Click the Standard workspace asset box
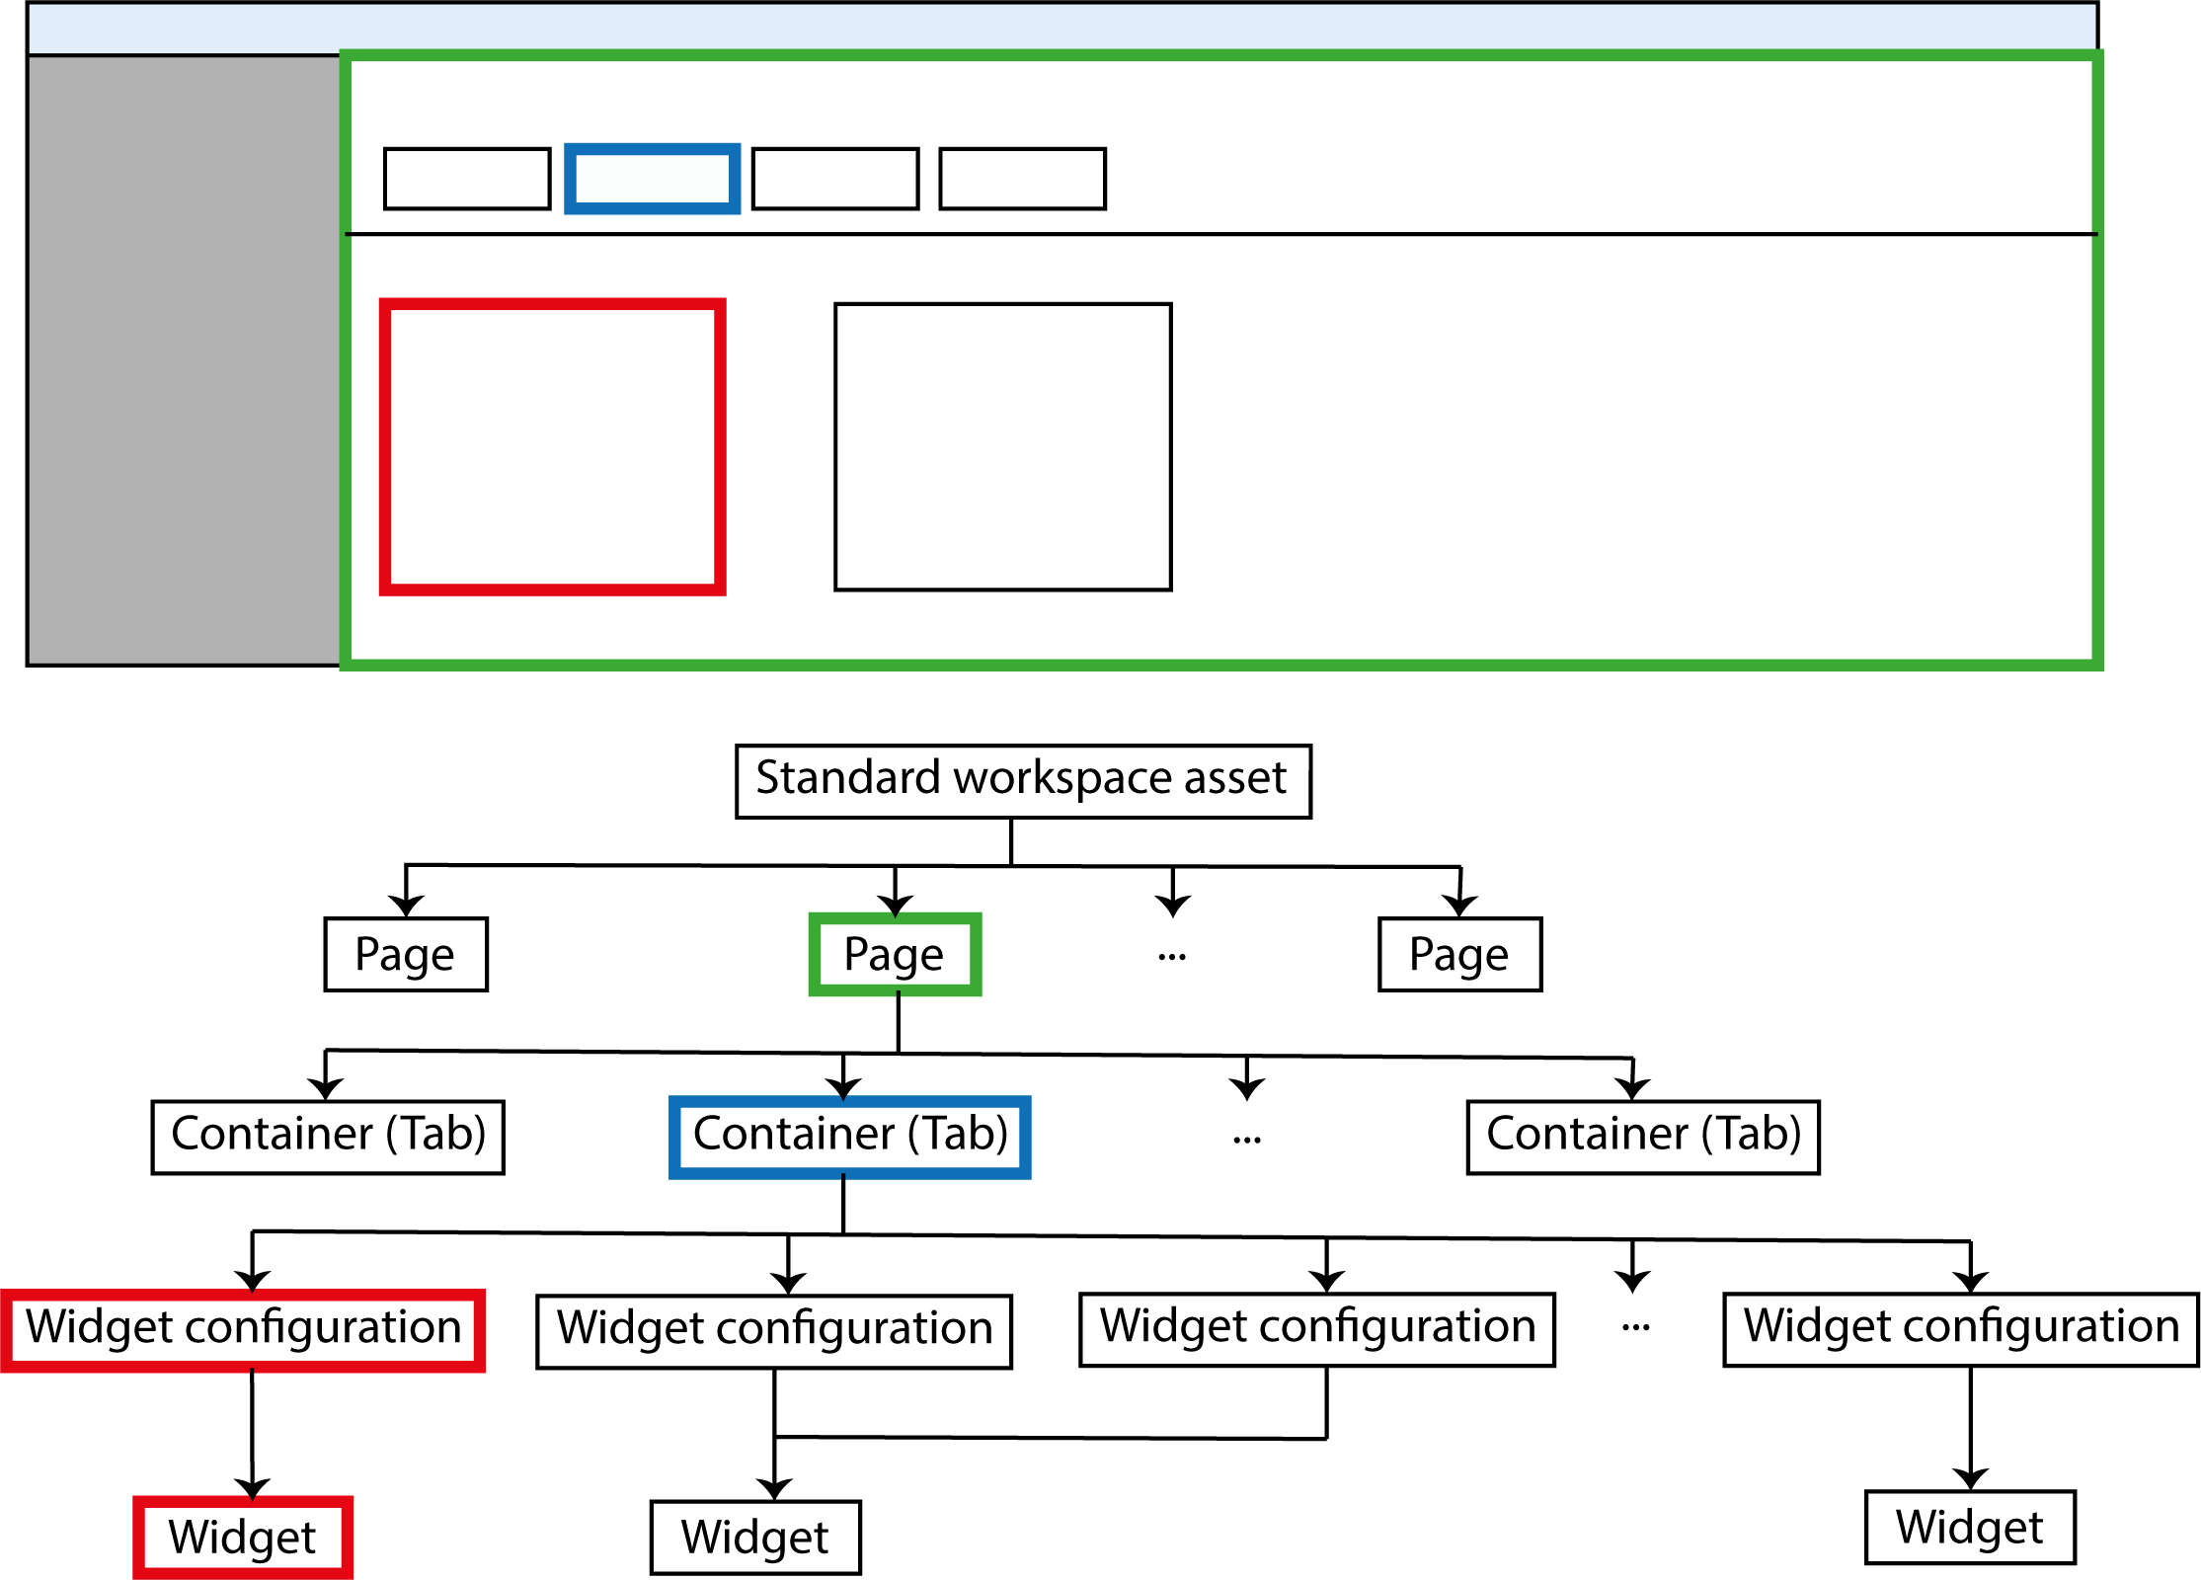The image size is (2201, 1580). pyautogui.click(x=1023, y=781)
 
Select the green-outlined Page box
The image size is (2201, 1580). pyautogui.click(x=895, y=954)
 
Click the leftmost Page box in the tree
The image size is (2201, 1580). pyautogui.click(x=406, y=954)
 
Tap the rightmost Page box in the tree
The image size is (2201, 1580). pyautogui.click(x=1459, y=954)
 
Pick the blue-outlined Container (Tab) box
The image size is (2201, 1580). pyautogui.click(x=849, y=1137)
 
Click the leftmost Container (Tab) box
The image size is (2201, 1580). pyautogui.click(x=328, y=1137)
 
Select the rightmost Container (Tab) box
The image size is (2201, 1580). pyautogui.click(x=1643, y=1137)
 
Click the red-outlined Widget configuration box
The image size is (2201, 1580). pyautogui.click(x=243, y=1329)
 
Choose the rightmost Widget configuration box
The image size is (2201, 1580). pyautogui.click(x=1960, y=1329)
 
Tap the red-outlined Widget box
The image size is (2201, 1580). pyautogui.click(x=243, y=1537)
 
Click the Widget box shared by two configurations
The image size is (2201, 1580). pyautogui.click(x=755, y=1537)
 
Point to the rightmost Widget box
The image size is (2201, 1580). pyautogui.click(x=1970, y=1527)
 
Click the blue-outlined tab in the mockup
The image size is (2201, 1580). pyautogui.click(x=652, y=179)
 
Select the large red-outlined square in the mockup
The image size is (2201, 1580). pyautogui.click(x=553, y=447)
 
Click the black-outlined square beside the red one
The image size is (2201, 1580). pyautogui.click(x=1003, y=447)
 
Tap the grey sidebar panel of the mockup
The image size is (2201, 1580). pyautogui.click(x=185, y=360)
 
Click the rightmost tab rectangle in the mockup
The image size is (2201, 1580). pyautogui.click(x=1022, y=179)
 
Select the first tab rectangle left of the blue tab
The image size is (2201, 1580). pyautogui.click(x=467, y=179)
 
